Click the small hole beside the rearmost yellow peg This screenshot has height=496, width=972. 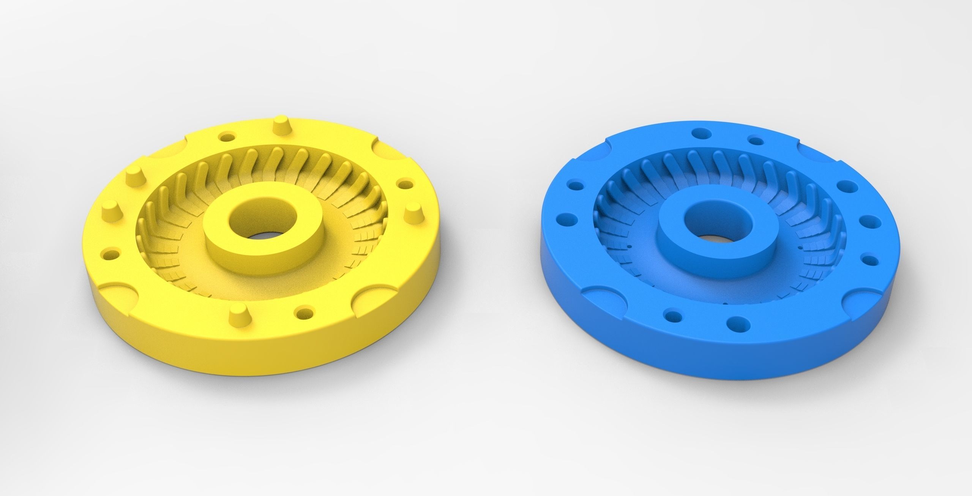click(228, 136)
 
